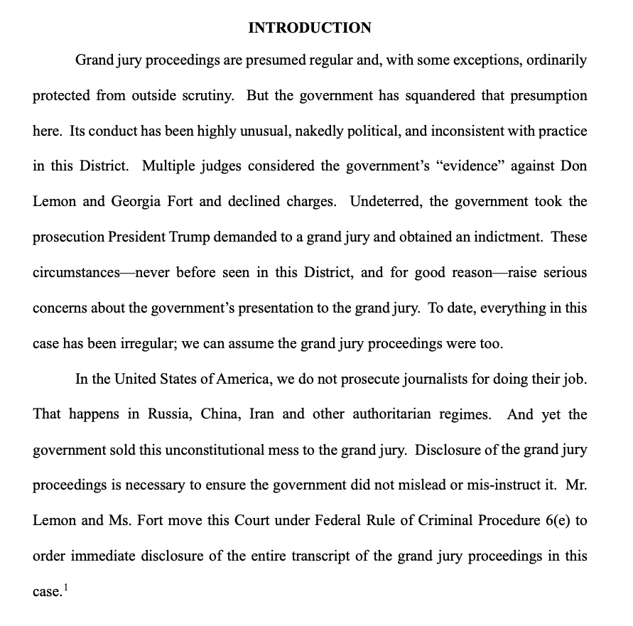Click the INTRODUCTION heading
309,28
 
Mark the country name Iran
261,414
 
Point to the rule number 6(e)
557,520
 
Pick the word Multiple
171,166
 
